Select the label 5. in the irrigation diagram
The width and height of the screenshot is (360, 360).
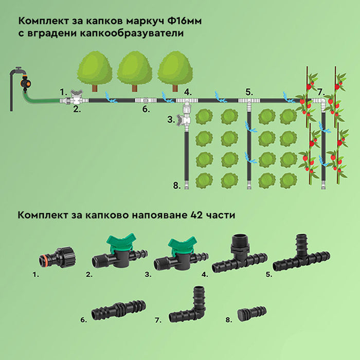pyautogui.click(x=249, y=93)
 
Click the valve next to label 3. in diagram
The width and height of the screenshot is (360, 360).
pyautogui.click(x=184, y=120)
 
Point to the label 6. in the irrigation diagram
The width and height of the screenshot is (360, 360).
pyautogui.click(x=146, y=109)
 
